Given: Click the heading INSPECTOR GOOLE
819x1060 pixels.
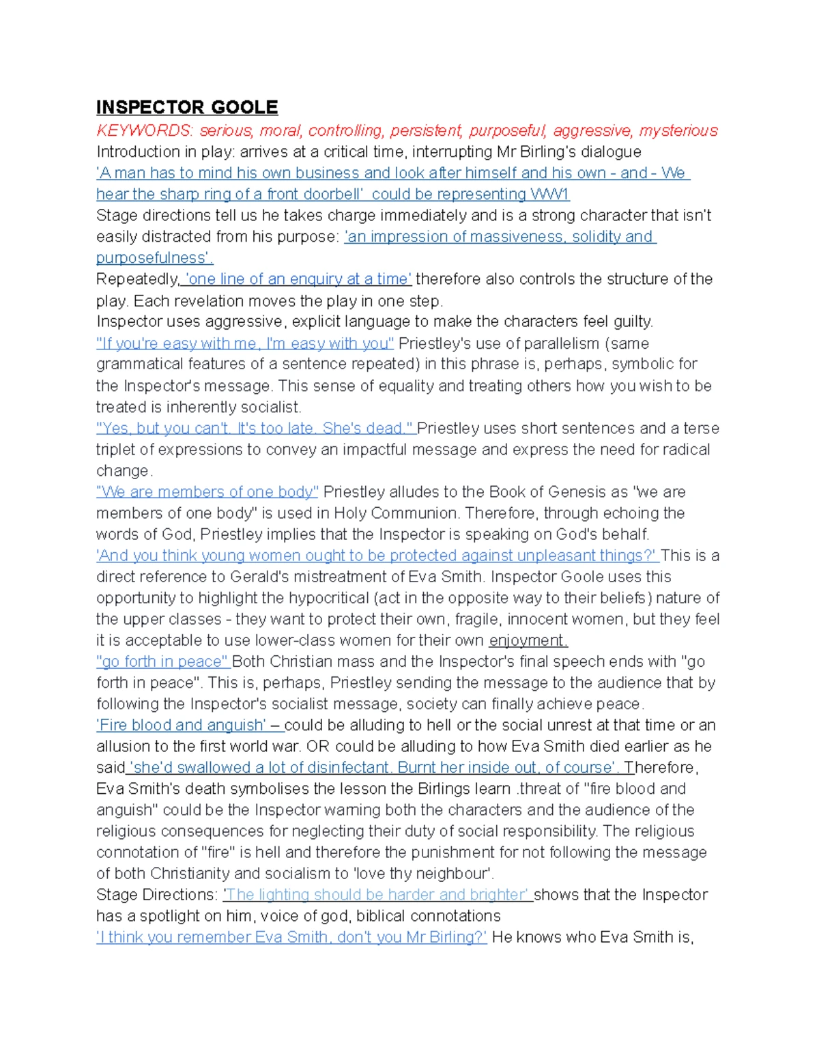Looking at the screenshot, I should pos(187,108).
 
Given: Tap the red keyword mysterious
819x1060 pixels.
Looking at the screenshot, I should pos(678,130).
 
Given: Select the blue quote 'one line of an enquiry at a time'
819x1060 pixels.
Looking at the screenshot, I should pos(298,279).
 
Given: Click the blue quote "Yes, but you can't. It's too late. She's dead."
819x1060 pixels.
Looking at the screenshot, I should pos(255,429).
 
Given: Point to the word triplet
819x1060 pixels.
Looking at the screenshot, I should pos(120,450).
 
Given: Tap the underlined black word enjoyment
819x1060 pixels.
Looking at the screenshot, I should pos(528,641).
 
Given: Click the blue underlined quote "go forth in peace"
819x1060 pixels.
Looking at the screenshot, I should pos(162,662).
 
